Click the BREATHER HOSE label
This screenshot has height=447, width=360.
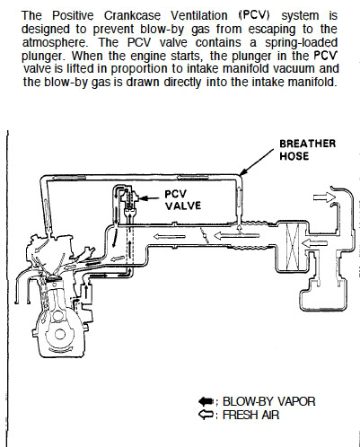[307, 150]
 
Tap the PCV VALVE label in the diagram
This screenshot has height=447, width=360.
[183, 200]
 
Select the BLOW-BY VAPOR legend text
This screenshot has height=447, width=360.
[268, 401]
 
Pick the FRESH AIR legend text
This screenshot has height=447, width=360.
[250, 415]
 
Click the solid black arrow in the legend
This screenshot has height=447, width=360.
[206, 401]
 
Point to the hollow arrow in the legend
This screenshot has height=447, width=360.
[206, 415]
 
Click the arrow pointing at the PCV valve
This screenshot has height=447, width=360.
[149, 198]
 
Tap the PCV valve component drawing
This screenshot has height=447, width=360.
[129, 202]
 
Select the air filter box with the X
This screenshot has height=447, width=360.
[293, 247]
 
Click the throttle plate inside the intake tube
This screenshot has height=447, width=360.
[205, 236]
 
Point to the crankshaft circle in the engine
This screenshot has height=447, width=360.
[60, 334]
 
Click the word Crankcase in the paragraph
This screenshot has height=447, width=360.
[132, 15]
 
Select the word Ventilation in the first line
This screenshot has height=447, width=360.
[199, 15]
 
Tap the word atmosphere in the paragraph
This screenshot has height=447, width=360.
[55, 43]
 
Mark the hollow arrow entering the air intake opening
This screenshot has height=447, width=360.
[325, 197]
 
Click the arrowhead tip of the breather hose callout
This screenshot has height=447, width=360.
[241, 175]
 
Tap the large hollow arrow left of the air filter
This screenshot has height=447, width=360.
[237, 235]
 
